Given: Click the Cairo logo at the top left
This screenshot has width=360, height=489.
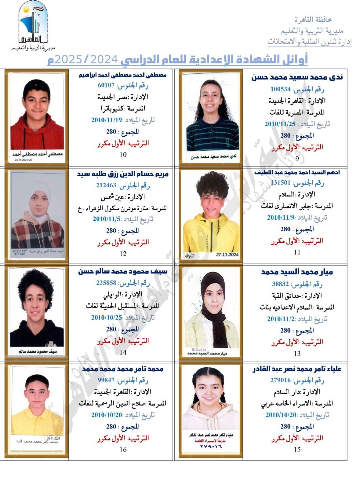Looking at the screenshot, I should tap(33, 26).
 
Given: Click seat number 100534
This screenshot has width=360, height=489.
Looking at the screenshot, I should tap(280, 89).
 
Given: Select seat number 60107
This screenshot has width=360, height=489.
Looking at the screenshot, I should tap(106, 85).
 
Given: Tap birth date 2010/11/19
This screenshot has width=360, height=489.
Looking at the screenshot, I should tap(106, 120).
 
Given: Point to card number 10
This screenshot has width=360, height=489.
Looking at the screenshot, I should tap(123, 155).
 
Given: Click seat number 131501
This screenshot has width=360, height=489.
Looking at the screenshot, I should tap(280, 183).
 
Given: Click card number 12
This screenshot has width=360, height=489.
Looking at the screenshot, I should tap(123, 254).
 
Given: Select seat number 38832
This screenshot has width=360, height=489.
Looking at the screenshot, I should tap(280, 284).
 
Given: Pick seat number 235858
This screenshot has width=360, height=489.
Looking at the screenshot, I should tap(106, 283).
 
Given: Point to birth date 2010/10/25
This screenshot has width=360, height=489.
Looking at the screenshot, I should tap(106, 317).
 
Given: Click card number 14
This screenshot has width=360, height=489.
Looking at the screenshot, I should tap(123, 352).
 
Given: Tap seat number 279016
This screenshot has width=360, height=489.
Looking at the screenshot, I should tap(280, 380).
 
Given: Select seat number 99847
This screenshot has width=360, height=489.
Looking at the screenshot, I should tap(106, 380).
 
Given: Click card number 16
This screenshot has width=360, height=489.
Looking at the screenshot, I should tap(123, 450).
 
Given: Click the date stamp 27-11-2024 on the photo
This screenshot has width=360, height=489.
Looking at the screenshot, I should tap(227, 255).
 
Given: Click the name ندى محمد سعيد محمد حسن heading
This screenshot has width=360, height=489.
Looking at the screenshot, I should tap(297, 77).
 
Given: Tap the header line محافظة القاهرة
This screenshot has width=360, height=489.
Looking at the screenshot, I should tap(313, 20).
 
